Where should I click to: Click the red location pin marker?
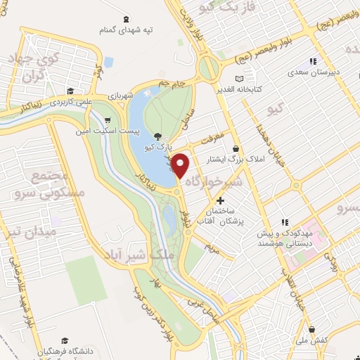tap(181, 165)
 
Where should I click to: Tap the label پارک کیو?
tap(156, 147)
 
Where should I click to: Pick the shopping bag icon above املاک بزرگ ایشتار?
tap(235, 150)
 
